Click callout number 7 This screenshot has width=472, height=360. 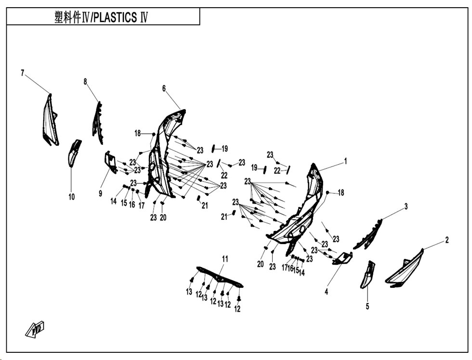[x=22, y=73]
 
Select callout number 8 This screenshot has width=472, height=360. [x=85, y=81]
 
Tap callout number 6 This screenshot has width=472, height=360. [x=164, y=88]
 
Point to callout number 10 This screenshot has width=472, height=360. [x=71, y=197]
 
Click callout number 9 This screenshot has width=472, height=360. [x=101, y=193]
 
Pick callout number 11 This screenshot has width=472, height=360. [x=225, y=258]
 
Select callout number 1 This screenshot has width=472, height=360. [x=346, y=161]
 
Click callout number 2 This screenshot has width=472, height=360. [x=447, y=240]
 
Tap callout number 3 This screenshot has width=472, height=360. [x=406, y=206]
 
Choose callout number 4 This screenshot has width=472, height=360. [x=327, y=291]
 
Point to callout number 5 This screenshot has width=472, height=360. [x=367, y=306]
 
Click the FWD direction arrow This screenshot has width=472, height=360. [x=35, y=329]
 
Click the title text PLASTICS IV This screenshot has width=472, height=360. [x=120, y=17]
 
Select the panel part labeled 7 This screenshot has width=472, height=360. [x=50, y=120]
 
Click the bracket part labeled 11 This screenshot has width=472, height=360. [x=220, y=277]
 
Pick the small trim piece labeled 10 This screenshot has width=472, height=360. [x=73, y=153]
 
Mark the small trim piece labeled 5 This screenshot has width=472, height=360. [x=368, y=274]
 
